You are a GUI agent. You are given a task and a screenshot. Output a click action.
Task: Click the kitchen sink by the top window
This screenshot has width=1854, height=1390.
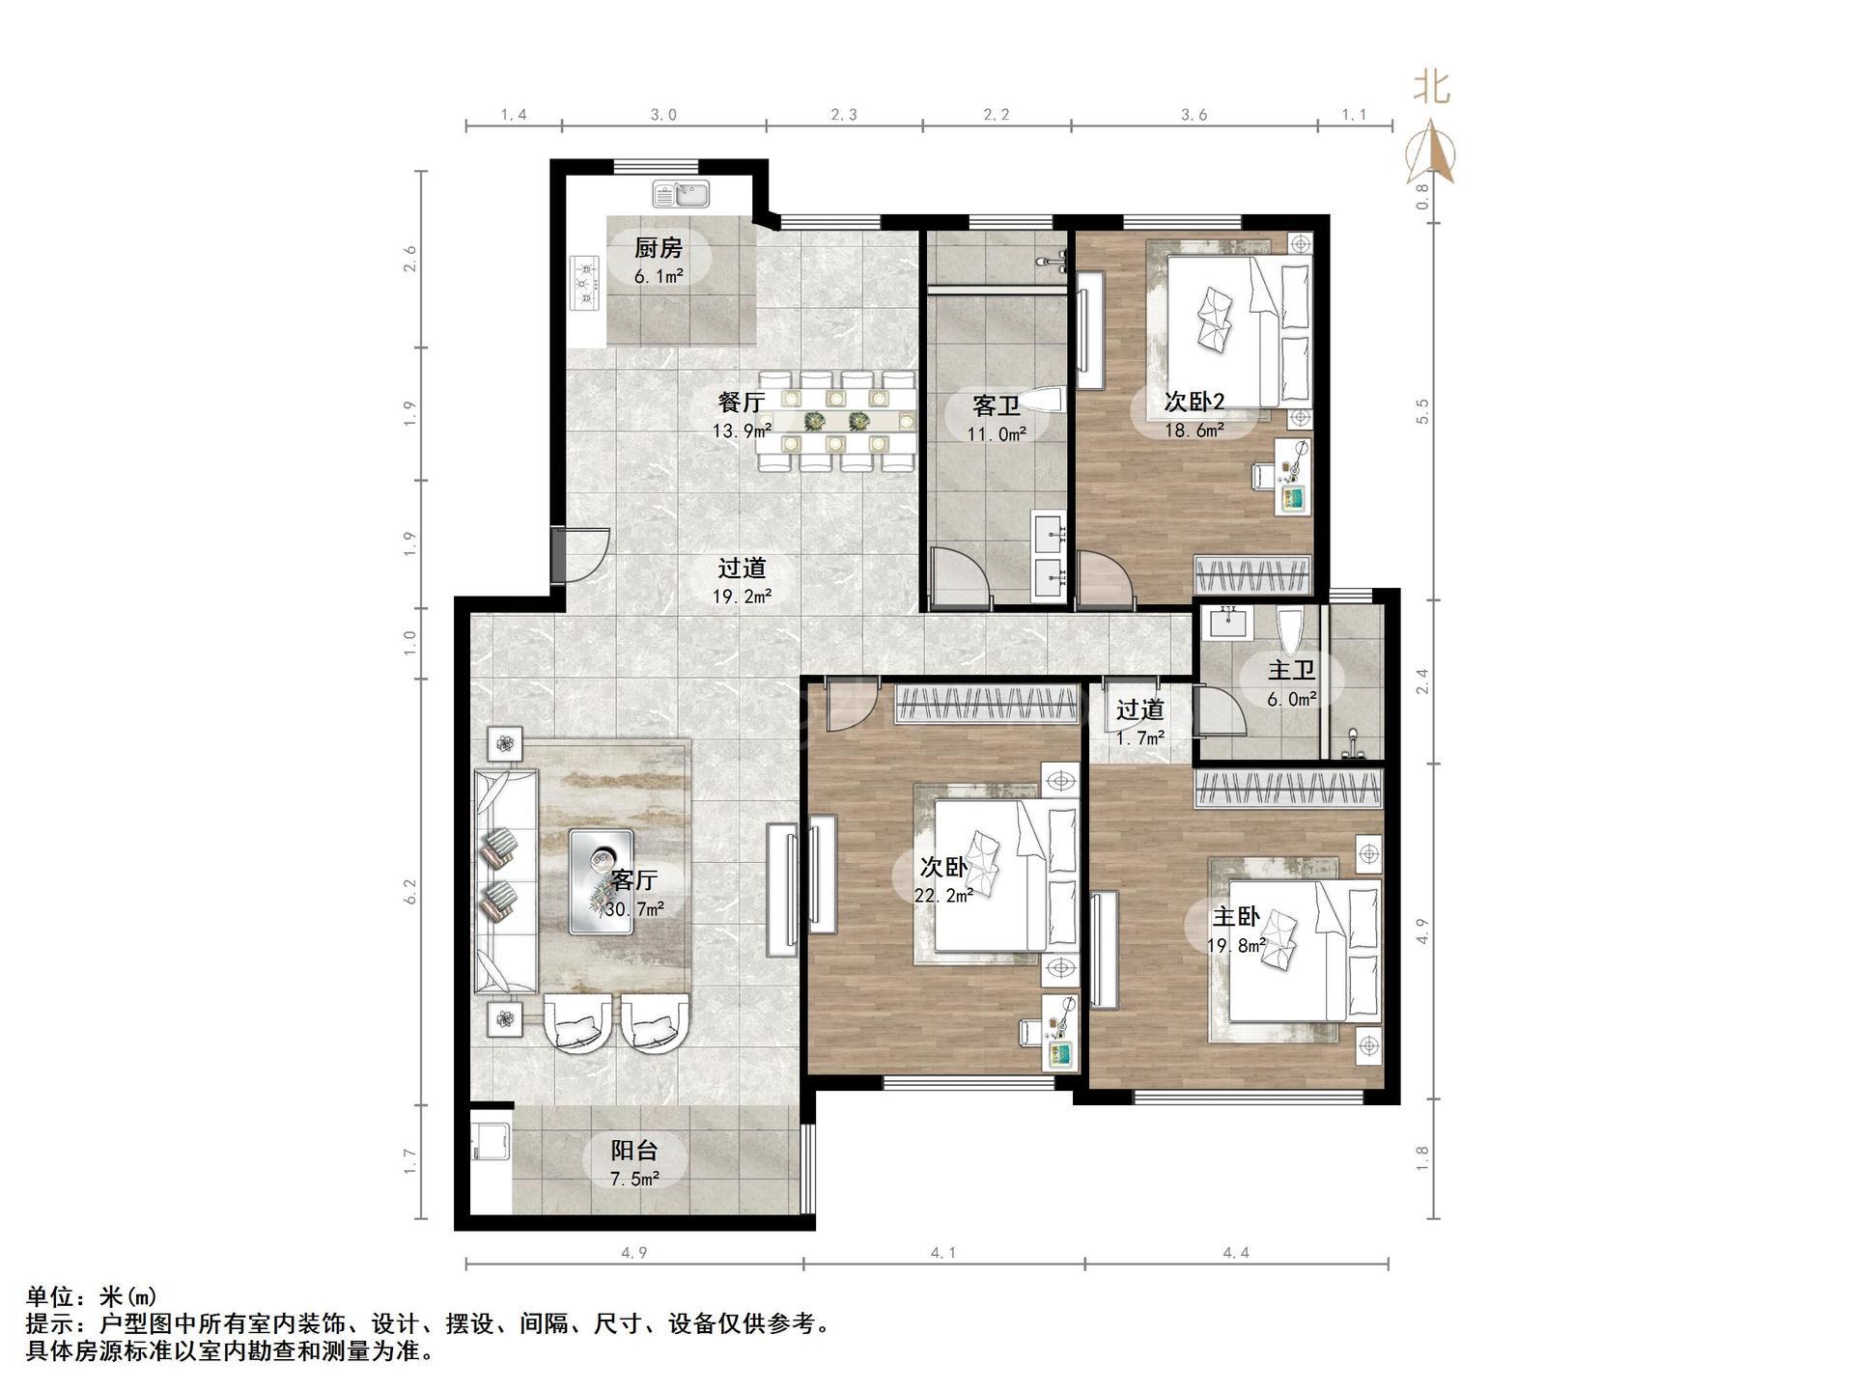(681, 194)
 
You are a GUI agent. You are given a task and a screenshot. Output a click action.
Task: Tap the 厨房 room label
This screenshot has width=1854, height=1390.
(659, 248)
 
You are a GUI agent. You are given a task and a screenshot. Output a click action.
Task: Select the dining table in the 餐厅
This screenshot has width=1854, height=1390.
(836, 422)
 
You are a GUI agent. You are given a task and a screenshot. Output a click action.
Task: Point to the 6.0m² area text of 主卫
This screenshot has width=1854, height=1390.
(1292, 700)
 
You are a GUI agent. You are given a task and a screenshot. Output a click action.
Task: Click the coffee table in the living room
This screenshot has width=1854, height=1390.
(601, 881)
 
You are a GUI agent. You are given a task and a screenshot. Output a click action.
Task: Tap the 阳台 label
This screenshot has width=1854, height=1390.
(634, 1151)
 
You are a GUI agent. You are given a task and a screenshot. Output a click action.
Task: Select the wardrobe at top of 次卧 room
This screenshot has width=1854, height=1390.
(986, 704)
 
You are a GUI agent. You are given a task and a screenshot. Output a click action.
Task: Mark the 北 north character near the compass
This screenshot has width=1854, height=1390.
(1431, 88)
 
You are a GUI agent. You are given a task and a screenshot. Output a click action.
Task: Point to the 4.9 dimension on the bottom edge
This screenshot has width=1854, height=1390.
(633, 1253)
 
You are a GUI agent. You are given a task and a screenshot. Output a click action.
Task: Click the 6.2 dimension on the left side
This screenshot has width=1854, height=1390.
(410, 890)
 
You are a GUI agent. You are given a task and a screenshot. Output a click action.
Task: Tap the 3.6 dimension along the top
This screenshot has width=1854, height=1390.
(1194, 115)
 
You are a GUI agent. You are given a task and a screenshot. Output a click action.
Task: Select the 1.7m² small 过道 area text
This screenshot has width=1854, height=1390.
(1139, 738)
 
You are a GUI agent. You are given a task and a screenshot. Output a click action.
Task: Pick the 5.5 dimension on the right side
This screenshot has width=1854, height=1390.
(1421, 410)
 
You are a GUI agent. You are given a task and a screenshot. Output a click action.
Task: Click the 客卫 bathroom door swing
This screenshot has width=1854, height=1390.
(961, 577)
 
